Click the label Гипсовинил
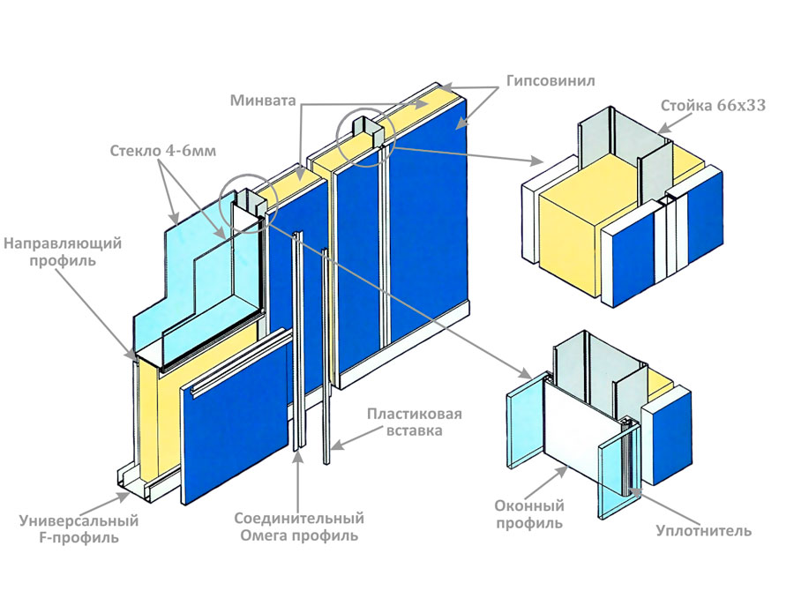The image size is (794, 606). click(x=551, y=81)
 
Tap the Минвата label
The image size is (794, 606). click(x=263, y=101)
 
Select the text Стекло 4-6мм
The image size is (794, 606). click(x=163, y=151)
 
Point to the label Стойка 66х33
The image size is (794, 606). click(x=713, y=106)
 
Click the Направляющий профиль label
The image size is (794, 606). click(x=63, y=252)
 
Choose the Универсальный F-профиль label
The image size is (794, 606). click(x=79, y=528)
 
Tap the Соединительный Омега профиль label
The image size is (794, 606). click(x=299, y=527)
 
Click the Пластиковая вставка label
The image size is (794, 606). click(x=415, y=423)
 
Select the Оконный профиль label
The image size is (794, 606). click(x=529, y=513)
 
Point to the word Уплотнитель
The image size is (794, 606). click(x=703, y=530)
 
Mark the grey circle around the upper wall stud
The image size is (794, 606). click(x=366, y=138)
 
